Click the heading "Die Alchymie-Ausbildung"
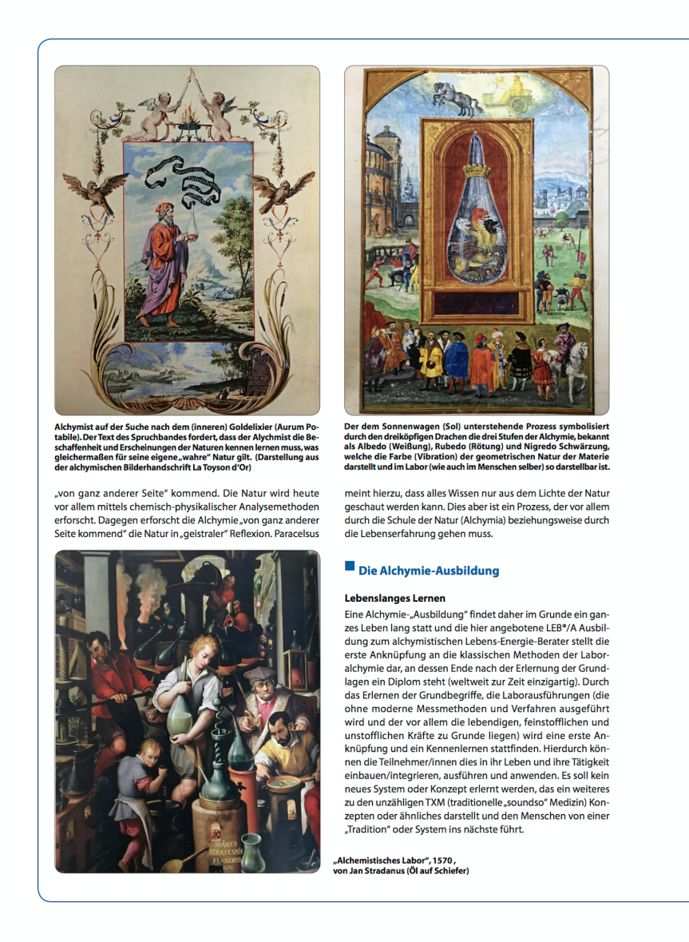click(429, 570)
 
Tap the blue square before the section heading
click(349, 566)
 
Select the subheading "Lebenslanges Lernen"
click(394, 598)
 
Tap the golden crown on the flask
click(476, 170)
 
